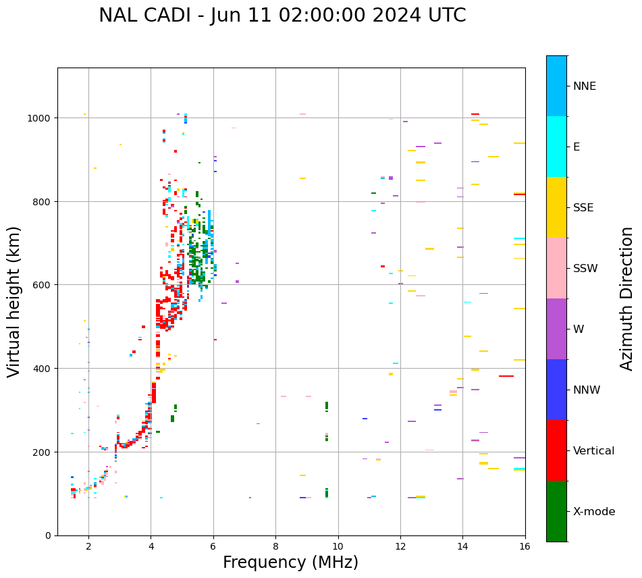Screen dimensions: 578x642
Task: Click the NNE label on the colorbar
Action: [x=585, y=86]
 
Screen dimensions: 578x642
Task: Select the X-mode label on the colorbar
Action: [x=594, y=512]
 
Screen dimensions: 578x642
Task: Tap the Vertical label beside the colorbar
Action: [x=594, y=451]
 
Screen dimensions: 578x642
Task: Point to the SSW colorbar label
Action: [x=585, y=269]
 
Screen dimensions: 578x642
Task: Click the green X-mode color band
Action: [x=556, y=511]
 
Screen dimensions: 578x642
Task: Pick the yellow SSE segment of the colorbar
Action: [x=556, y=207]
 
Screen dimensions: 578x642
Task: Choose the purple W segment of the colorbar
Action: [x=556, y=329]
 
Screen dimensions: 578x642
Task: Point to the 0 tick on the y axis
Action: [x=48, y=535]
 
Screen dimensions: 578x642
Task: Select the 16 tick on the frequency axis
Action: [x=525, y=547]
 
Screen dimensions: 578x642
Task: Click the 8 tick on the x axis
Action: [x=275, y=547]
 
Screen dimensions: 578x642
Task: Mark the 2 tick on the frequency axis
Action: [x=88, y=547]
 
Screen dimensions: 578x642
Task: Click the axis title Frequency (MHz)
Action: [x=290, y=562]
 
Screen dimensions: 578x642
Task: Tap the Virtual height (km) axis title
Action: [x=14, y=301]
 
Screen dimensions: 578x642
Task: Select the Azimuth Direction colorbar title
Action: [x=627, y=298]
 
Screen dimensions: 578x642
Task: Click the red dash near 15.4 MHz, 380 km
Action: [x=506, y=376]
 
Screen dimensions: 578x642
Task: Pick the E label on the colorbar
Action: [x=577, y=147]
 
